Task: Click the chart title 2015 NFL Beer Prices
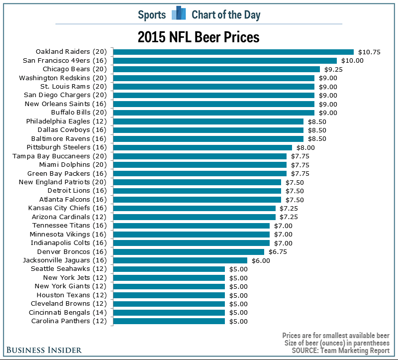[199, 37]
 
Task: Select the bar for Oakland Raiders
[233, 52]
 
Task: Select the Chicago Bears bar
[216, 69]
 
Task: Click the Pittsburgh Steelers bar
[202, 147]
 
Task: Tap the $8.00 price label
[304, 147]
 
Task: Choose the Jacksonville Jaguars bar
[180, 260]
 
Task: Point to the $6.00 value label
[260, 260]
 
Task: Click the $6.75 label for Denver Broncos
[277, 251]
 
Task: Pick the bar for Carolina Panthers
[169, 321]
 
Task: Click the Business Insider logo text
[44, 350]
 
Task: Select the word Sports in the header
[152, 14]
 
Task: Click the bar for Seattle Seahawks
[169, 269]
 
